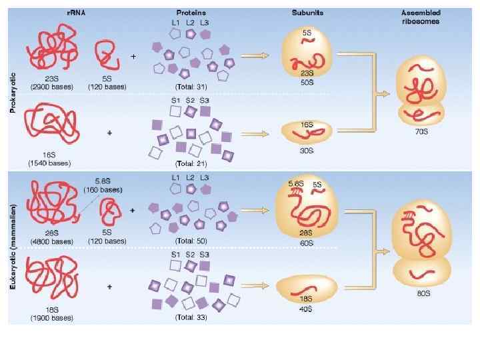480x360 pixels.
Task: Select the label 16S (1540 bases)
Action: pyautogui.click(x=50, y=159)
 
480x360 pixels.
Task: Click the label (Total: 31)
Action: pyautogui.click(x=191, y=87)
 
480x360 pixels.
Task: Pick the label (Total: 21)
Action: pyautogui.click(x=191, y=163)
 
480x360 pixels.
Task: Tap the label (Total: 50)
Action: pyautogui.click(x=191, y=241)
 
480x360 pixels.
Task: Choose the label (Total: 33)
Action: pyautogui.click(x=191, y=317)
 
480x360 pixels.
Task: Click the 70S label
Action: pyautogui.click(x=421, y=132)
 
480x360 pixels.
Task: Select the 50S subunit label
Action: pyautogui.click(x=307, y=82)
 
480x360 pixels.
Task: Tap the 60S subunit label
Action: pyautogui.click(x=307, y=243)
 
